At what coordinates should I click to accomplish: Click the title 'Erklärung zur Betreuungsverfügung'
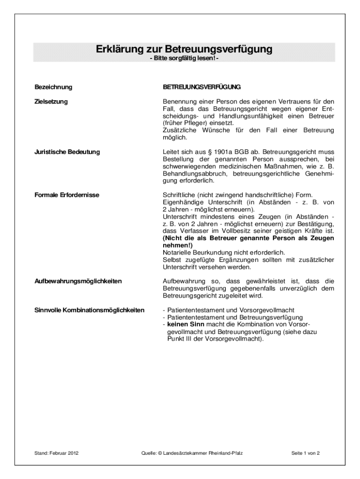point(184,49)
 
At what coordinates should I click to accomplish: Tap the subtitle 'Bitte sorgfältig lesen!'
point(184,58)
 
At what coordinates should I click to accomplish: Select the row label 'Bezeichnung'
point(53,87)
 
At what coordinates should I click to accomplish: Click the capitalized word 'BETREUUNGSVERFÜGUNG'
point(202,87)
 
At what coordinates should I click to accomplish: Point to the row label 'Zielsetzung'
point(51,102)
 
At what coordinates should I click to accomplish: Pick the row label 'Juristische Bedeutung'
point(67,152)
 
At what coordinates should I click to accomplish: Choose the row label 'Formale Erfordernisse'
point(67,195)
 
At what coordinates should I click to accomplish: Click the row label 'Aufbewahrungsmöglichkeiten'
point(78,281)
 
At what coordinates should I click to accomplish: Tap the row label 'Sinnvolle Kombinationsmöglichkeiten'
point(89,310)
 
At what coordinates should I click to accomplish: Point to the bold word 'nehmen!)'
point(177,245)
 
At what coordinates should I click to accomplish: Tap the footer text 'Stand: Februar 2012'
point(57,453)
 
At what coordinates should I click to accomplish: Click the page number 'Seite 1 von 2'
point(305,453)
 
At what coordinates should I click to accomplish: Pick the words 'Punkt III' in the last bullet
point(179,339)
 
